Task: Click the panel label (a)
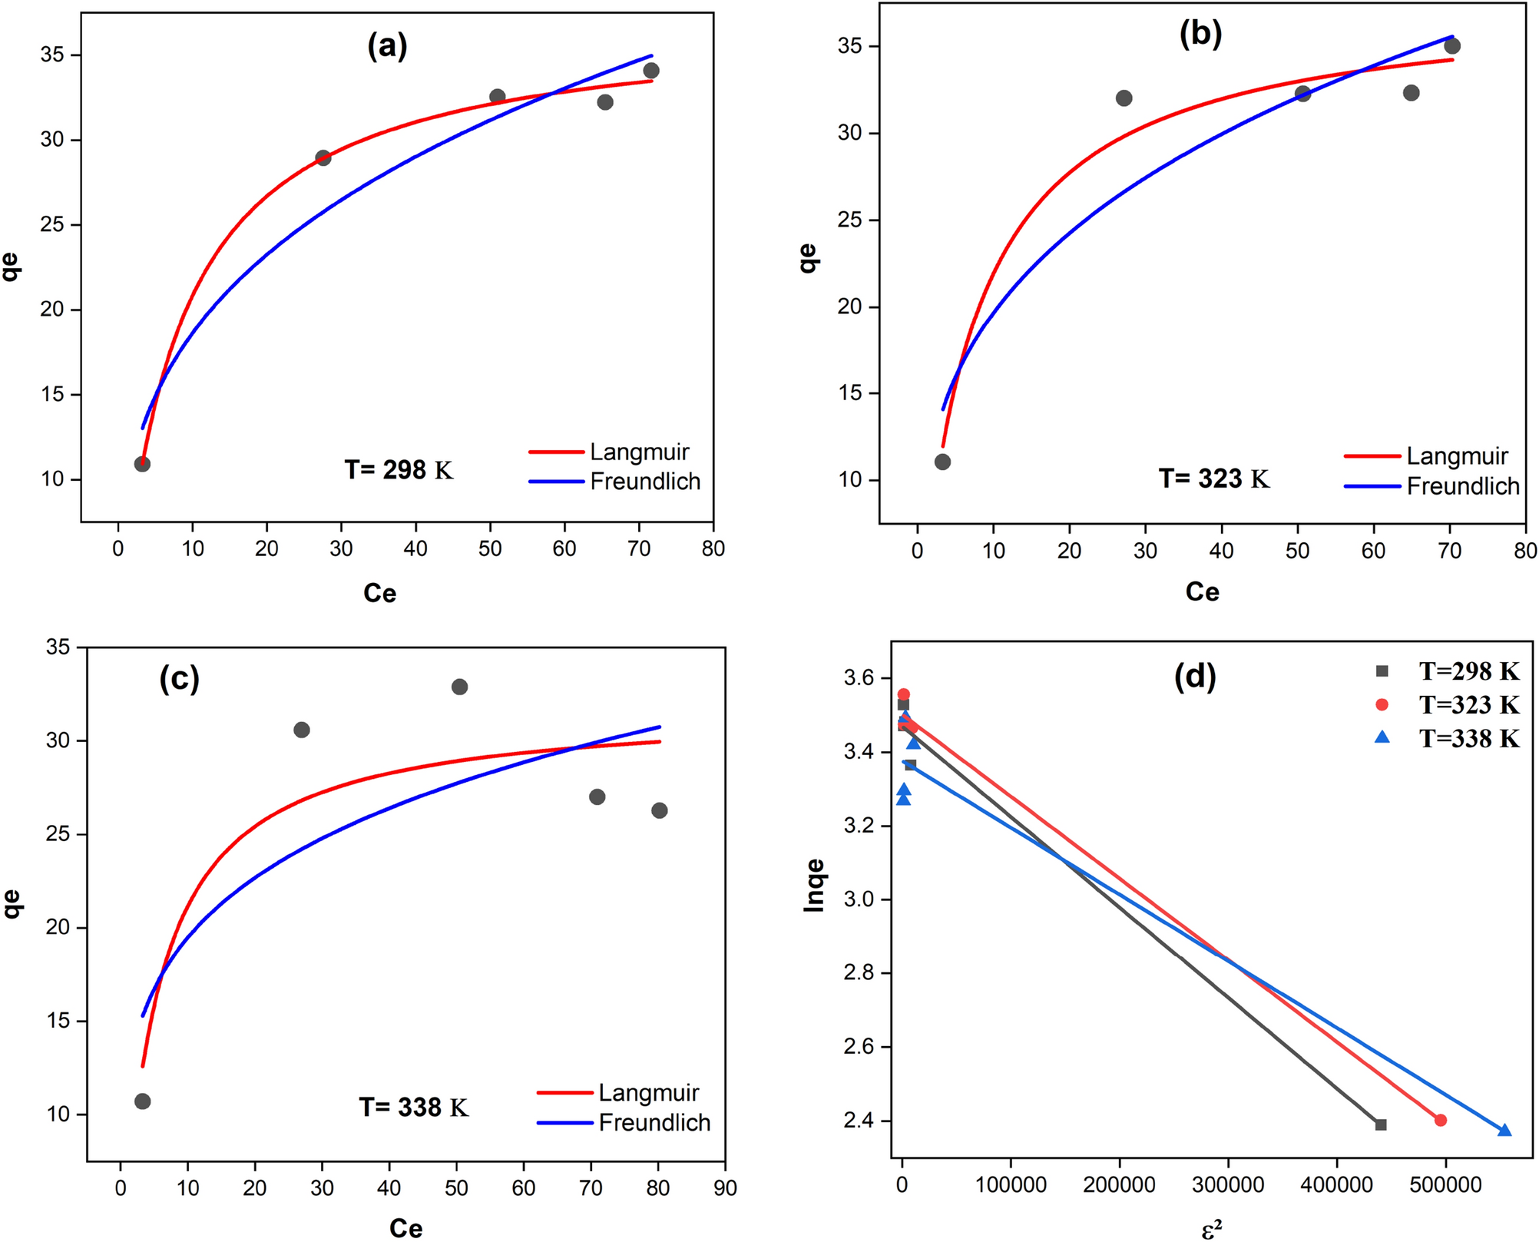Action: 387,47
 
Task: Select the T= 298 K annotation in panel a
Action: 399,470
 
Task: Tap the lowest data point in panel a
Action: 142,464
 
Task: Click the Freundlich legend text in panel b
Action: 1462,486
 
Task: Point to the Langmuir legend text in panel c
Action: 648,1092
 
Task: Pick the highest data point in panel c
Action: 459,687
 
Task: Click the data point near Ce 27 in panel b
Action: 1124,98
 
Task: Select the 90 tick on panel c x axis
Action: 725,1188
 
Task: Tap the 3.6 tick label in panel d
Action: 859,677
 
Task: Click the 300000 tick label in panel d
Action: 1228,1185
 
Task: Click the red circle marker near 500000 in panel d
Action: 1440,1121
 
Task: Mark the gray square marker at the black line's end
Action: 1381,1124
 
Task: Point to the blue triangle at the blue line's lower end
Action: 1504,1131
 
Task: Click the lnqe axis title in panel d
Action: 814,886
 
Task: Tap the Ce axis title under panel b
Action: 1202,592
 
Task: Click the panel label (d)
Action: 1195,677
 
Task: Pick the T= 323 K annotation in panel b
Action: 1213,479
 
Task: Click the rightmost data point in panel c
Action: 659,810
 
